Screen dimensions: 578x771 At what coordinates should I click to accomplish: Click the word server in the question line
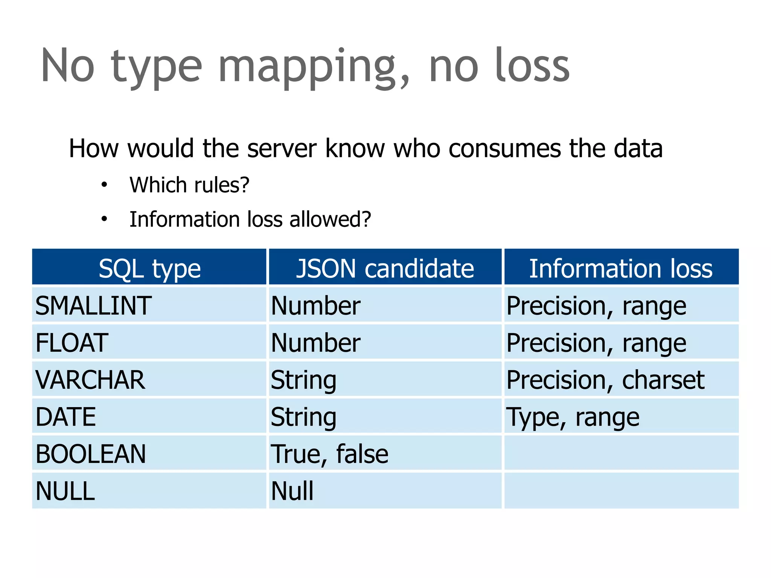[x=282, y=148]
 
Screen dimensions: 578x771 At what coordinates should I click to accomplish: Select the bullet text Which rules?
[x=189, y=185]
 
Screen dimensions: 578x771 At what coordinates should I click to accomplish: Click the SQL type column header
[x=149, y=269]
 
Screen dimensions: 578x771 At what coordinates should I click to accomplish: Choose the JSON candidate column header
[x=385, y=269]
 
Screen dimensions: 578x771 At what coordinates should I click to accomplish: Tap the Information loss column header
[x=621, y=269]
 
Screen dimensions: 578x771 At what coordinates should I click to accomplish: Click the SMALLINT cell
[x=93, y=306]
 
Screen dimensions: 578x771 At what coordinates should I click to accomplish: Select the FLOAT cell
[x=72, y=343]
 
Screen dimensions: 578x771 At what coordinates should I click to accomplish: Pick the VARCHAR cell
[x=90, y=380]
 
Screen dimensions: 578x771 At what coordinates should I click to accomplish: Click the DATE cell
[x=66, y=417]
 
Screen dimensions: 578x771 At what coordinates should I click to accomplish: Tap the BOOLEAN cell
[x=90, y=454]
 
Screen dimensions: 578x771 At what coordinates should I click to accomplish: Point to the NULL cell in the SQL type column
[x=65, y=491]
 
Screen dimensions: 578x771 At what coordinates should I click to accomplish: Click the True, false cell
[x=329, y=454]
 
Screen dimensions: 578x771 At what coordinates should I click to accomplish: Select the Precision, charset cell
[x=605, y=380]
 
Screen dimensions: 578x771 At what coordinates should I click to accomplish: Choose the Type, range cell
[x=573, y=417]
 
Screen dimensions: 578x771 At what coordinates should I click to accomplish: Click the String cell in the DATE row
[x=303, y=417]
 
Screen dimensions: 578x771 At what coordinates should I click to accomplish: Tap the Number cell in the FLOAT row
[x=315, y=343]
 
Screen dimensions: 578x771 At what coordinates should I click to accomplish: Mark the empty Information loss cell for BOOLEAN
[x=621, y=453]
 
